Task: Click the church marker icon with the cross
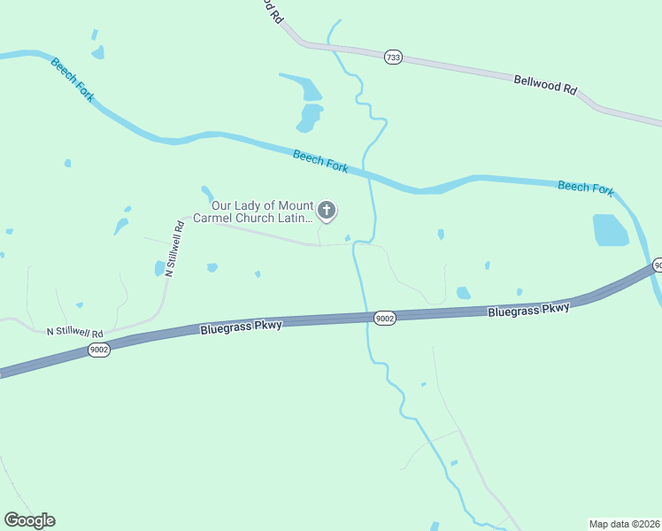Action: (x=327, y=210)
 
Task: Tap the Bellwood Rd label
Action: (x=545, y=85)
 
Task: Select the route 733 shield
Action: (x=394, y=57)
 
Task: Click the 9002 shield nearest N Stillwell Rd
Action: (x=99, y=350)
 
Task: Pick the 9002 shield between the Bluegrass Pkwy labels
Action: (x=384, y=318)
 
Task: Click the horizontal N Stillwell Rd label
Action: (x=75, y=333)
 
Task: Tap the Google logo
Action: (x=29, y=520)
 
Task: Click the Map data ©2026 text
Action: (x=625, y=524)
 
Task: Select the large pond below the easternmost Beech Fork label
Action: (x=610, y=231)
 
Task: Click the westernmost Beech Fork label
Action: (x=73, y=80)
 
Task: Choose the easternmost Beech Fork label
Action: (x=586, y=188)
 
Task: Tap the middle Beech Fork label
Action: (x=320, y=161)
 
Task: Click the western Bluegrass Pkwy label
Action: (x=241, y=326)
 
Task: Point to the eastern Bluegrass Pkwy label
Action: (x=529, y=310)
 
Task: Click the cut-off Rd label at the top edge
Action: (x=273, y=12)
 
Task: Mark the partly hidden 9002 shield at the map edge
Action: (x=658, y=265)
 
